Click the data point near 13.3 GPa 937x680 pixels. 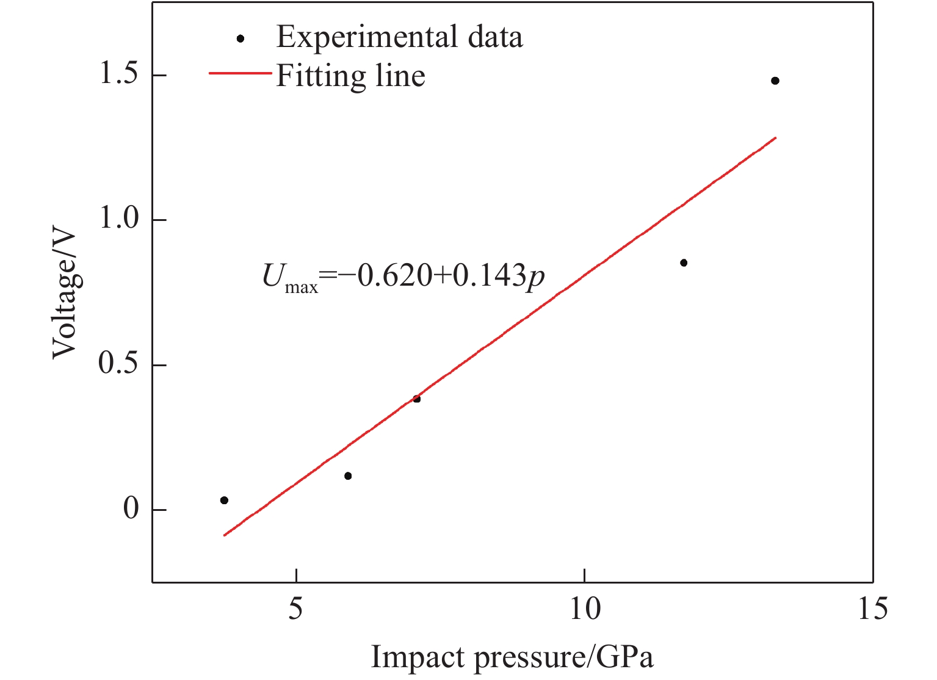click(x=775, y=81)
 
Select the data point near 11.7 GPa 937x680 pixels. click(x=684, y=262)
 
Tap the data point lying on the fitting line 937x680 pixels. click(x=416, y=399)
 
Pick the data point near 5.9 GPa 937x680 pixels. click(x=348, y=476)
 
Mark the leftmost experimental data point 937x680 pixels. click(x=224, y=500)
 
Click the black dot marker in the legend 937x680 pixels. click(x=241, y=38)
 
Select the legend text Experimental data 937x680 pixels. click(x=399, y=37)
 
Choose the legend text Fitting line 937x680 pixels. click(x=350, y=76)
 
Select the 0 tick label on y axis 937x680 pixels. click(x=131, y=509)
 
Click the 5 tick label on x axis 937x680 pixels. click(x=296, y=609)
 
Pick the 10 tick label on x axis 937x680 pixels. click(x=584, y=609)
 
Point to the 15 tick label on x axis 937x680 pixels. click(x=872, y=609)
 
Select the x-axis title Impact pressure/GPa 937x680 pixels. click(x=512, y=657)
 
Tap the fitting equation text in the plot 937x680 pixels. click(x=403, y=278)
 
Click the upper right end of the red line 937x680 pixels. click(x=775, y=138)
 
